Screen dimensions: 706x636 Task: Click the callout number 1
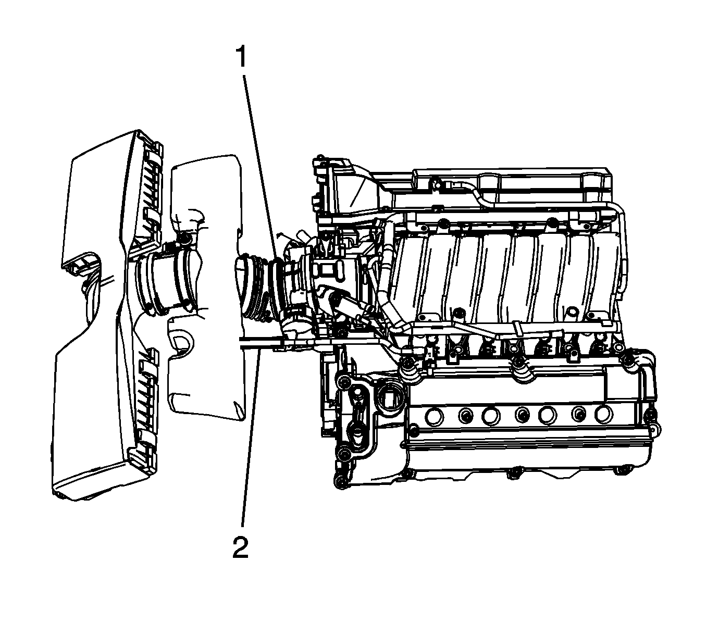pos(242,57)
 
